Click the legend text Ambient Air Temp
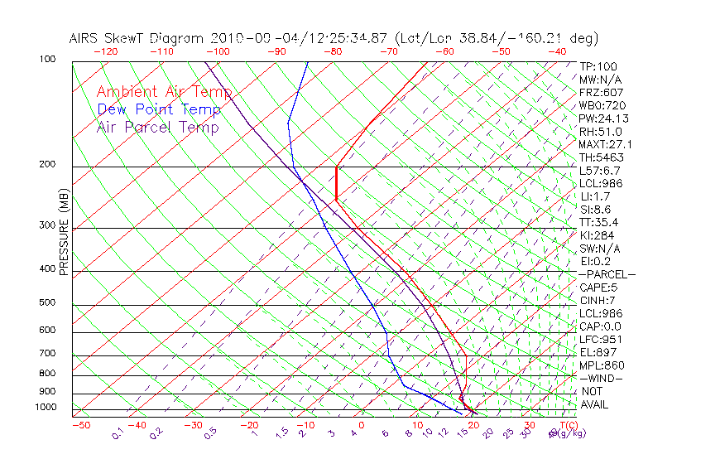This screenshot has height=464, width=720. (x=164, y=92)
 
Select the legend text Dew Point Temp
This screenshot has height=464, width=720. (x=159, y=109)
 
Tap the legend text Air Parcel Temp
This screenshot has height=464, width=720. (x=157, y=127)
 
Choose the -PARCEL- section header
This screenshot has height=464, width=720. (x=607, y=274)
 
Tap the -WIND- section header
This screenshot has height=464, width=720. (x=601, y=378)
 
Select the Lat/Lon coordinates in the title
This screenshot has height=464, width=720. (x=497, y=38)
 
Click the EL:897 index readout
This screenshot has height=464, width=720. (x=598, y=352)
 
